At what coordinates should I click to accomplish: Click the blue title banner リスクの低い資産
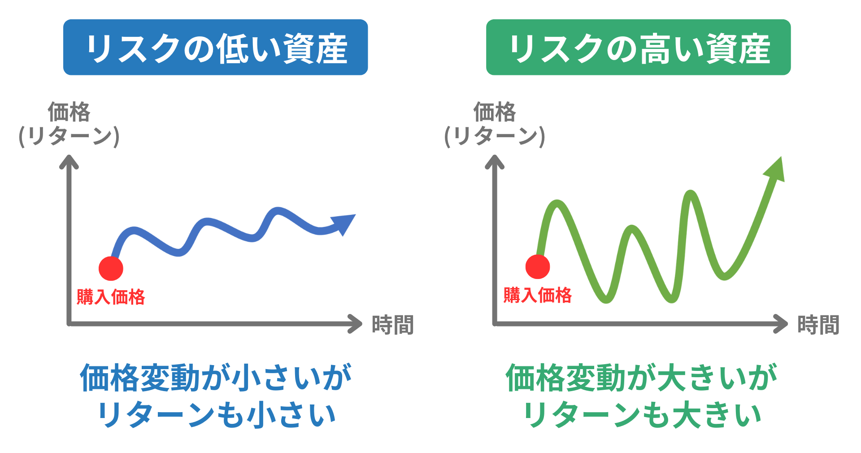point(215,47)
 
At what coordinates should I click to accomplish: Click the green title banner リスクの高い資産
point(638,47)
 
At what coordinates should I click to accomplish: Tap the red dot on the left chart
point(111,268)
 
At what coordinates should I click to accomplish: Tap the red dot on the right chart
point(538,267)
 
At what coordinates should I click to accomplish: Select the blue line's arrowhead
point(344,223)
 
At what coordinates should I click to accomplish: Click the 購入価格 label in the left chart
point(111,297)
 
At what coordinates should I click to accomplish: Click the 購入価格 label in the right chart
point(538,295)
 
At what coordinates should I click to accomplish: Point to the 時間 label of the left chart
point(392,325)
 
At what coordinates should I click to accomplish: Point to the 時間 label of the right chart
point(818,325)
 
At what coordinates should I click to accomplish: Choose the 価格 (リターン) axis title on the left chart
point(69,124)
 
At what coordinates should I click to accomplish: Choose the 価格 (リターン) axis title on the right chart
point(495,124)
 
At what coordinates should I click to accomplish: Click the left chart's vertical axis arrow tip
point(69,156)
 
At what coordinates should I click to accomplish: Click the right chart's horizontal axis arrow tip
point(787,324)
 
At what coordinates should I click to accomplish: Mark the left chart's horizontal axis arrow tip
point(361,324)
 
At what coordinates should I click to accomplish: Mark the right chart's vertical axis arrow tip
point(495,156)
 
